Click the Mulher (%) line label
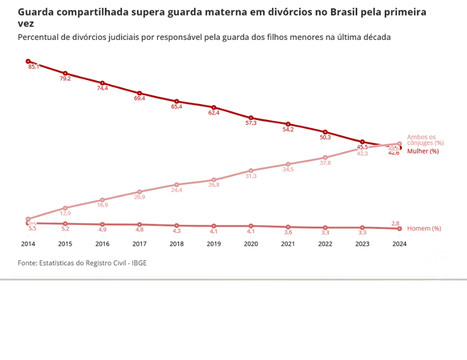click(x=423, y=151)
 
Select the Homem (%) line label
click(x=424, y=229)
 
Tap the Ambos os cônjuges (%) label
click(x=425, y=140)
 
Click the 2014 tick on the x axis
click(x=28, y=244)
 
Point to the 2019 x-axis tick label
click(x=214, y=244)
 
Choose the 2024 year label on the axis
click(x=399, y=244)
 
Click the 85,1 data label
click(x=33, y=67)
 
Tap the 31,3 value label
click(x=251, y=176)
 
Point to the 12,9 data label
click(x=65, y=214)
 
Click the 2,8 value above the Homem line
click(x=395, y=223)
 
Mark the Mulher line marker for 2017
click(x=139, y=93)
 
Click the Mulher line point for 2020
click(x=251, y=118)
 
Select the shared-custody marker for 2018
click(x=176, y=185)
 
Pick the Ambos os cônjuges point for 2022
click(x=325, y=158)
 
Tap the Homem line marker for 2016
click(x=102, y=224)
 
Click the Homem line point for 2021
click(x=288, y=227)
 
